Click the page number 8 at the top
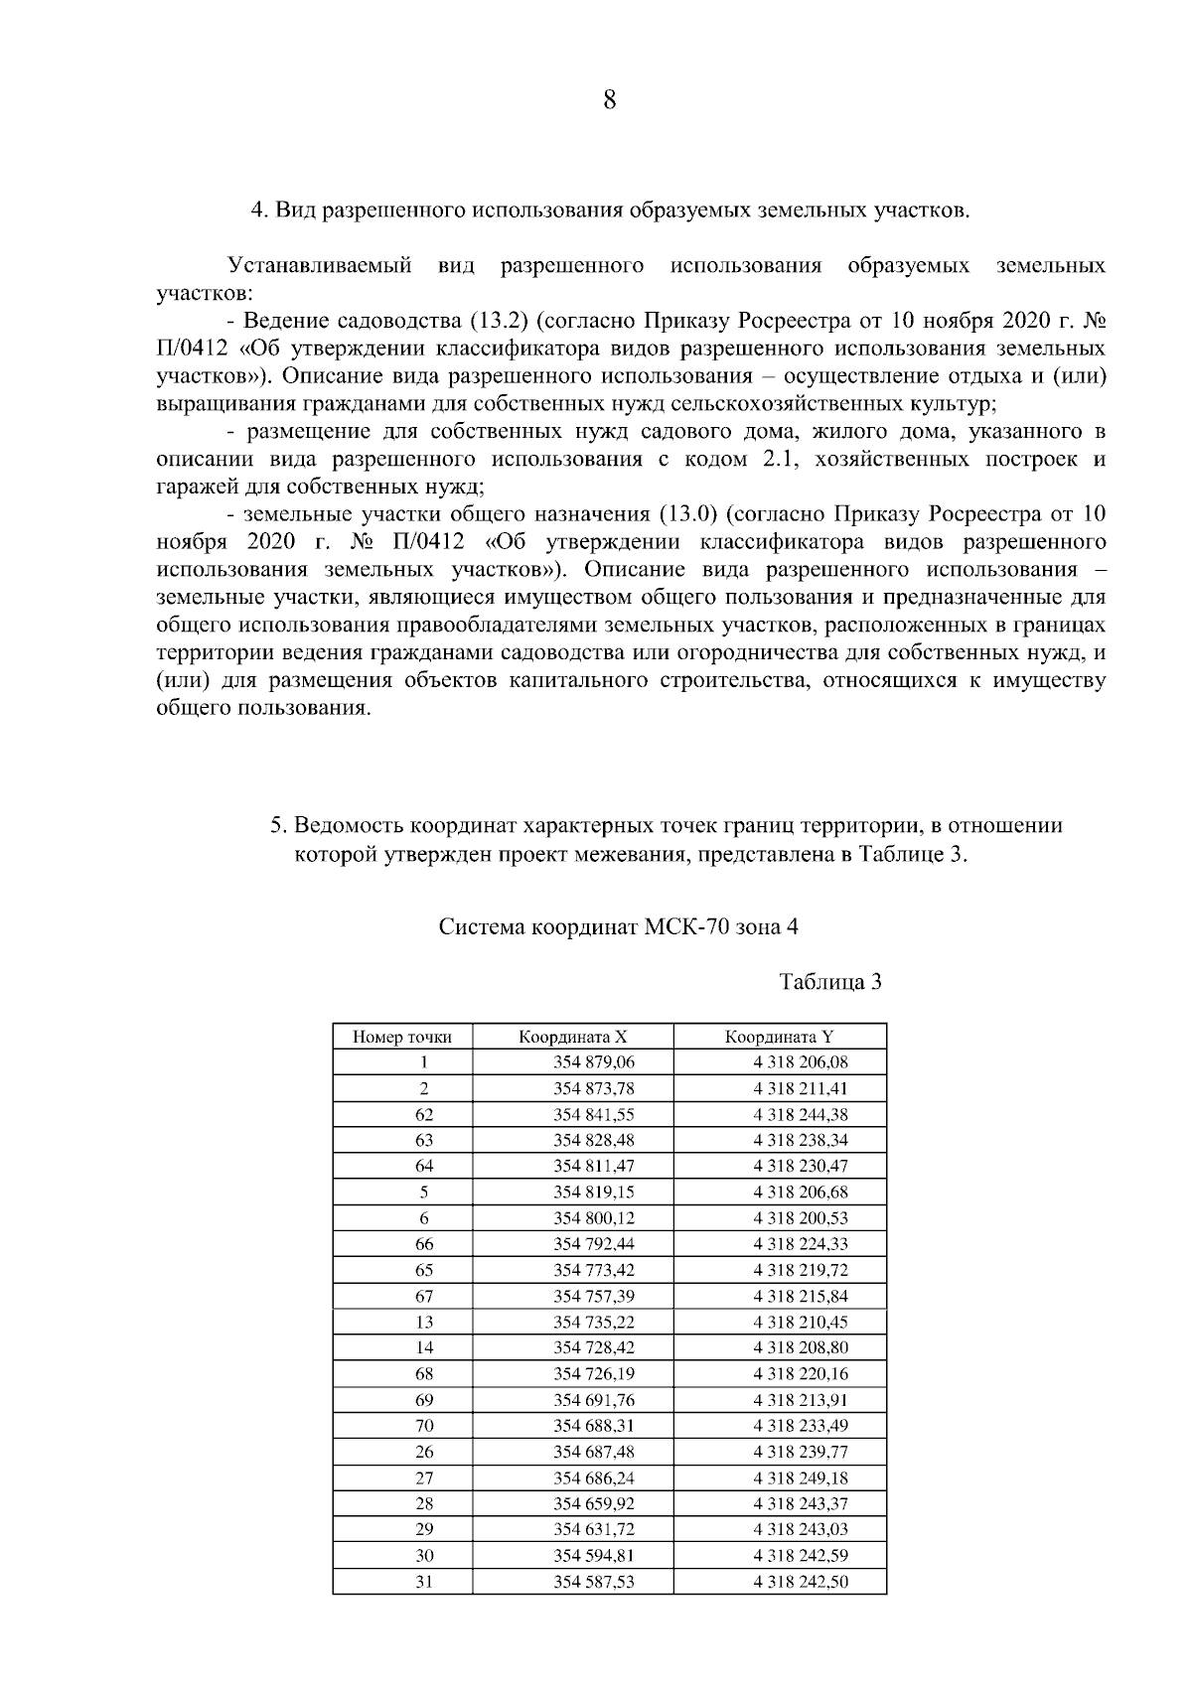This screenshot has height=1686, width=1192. click(x=609, y=100)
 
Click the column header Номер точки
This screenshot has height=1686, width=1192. click(x=402, y=1037)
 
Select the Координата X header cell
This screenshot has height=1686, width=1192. click(x=573, y=1037)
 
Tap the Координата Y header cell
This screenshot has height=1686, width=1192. click(x=779, y=1037)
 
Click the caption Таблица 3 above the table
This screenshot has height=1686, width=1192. click(x=830, y=982)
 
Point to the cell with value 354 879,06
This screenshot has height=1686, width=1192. click(x=593, y=1062)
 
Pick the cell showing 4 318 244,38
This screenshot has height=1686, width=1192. click(x=800, y=1114)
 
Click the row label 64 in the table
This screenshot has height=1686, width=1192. click(x=423, y=1166)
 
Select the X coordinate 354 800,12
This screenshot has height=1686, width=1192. click(x=593, y=1218)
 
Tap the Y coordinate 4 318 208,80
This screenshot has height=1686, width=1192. click(x=800, y=1347)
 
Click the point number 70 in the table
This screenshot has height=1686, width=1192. click(x=423, y=1425)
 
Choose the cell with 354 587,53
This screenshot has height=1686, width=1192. click(x=593, y=1581)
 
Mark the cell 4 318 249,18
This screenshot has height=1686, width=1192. click(x=800, y=1477)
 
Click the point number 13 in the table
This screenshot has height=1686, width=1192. click(x=423, y=1322)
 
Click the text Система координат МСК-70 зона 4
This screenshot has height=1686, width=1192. click(x=618, y=927)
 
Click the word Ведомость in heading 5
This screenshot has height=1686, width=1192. click(x=350, y=826)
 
